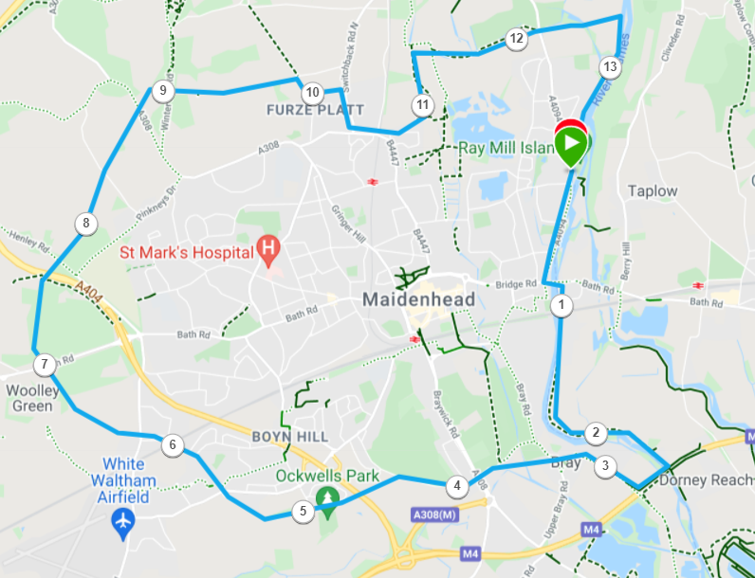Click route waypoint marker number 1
point(562,306)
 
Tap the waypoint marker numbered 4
point(457,486)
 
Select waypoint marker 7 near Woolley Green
point(44,365)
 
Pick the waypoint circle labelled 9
point(162,91)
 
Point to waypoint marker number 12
point(516,39)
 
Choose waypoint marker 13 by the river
point(609,67)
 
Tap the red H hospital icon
point(268,251)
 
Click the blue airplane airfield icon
point(123,520)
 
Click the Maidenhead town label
point(418,299)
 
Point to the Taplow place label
point(653,190)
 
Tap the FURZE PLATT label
point(309,111)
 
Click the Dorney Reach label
point(705,480)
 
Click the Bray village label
point(565,463)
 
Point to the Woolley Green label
point(33,398)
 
